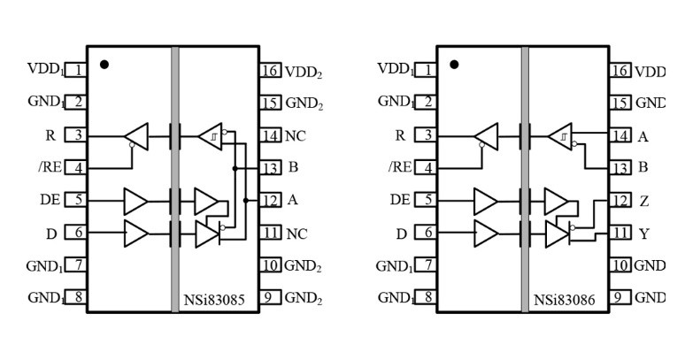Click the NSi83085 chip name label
click(x=216, y=300)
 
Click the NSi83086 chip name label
click(x=566, y=300)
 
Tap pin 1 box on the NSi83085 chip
click(x=77, y=69)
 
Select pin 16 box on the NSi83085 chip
click(x=270, y=72)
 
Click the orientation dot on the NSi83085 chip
click(x=104, y=65)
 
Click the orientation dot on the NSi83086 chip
click(x=454, y=65)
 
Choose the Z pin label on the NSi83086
click(x=643, y=201)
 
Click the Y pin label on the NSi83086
click(x=643, y=234)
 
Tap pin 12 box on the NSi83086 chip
click(x=620, y=201)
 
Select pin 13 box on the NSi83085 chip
click(x=270, y=167)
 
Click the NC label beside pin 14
click(x=296, y=136)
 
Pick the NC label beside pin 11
click(x=296, y=234)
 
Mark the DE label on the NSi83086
click(x=400, y=200)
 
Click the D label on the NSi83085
click(x=51, y=234)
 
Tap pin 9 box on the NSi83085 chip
click(x=270, y=297)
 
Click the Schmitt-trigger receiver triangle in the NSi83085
click(x=212, y=136)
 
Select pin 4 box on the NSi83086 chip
click(x=428, y=167)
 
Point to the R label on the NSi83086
click(x=400, y=135)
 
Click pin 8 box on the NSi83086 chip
click(x=428, y=297)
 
